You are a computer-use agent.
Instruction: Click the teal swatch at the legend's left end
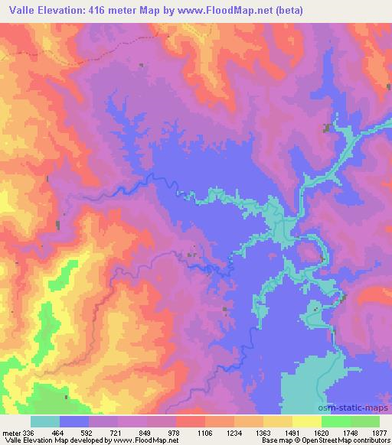(x=45, y=421)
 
